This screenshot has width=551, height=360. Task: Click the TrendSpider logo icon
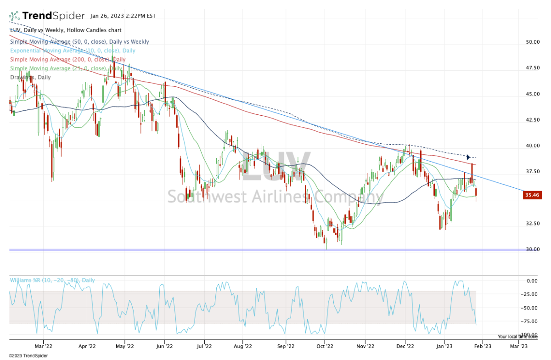click(x=14, y=16)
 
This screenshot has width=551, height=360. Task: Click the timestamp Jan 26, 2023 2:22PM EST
click(x=123, y=16)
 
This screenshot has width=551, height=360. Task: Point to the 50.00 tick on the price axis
click(x=532, y=42)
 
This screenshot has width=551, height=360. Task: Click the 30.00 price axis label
click(x=532, y=249)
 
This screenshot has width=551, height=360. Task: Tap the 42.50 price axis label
click(x=532, y=120)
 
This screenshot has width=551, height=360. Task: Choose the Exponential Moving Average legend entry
click(x=66, y=51)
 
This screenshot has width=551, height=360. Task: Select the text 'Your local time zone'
click(x=517, y=337)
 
